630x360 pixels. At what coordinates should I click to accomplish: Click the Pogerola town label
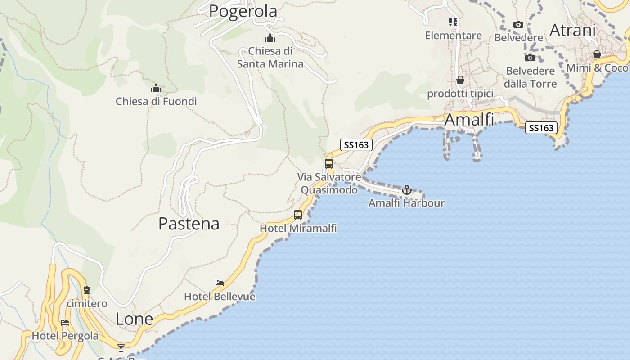point(243,11)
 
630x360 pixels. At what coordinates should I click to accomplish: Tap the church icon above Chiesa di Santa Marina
point(270,38)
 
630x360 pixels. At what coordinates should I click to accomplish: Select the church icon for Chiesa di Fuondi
point(156,88)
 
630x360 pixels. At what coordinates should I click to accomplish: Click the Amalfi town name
point(469,120)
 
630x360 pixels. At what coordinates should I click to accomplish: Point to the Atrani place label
point(572,30)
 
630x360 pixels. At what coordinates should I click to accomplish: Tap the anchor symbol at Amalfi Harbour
point(407,190)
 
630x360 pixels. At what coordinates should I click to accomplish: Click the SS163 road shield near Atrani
point(541,128)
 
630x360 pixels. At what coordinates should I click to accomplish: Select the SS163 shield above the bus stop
point(356,144)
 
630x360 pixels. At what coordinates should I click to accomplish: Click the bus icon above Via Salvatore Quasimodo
point(329,164)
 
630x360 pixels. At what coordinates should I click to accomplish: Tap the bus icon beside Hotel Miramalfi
point(298,215)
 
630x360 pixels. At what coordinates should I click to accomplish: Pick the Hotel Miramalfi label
point(298,228)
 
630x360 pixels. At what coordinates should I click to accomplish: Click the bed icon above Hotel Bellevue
point(220,283)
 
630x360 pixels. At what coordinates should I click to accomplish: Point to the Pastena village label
point(189,224)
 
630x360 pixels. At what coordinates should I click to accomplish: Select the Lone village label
point(134,319)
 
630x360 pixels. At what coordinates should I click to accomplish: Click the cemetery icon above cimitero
point(87,290)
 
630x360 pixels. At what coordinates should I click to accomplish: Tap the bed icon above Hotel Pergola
point(65,323)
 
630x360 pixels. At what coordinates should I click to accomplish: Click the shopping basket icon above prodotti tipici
point(460,81)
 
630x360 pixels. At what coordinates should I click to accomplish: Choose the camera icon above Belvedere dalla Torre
point(530,58)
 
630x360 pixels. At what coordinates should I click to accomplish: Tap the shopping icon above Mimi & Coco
point(597,55)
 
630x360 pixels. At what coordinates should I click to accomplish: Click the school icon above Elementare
point(453,22)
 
